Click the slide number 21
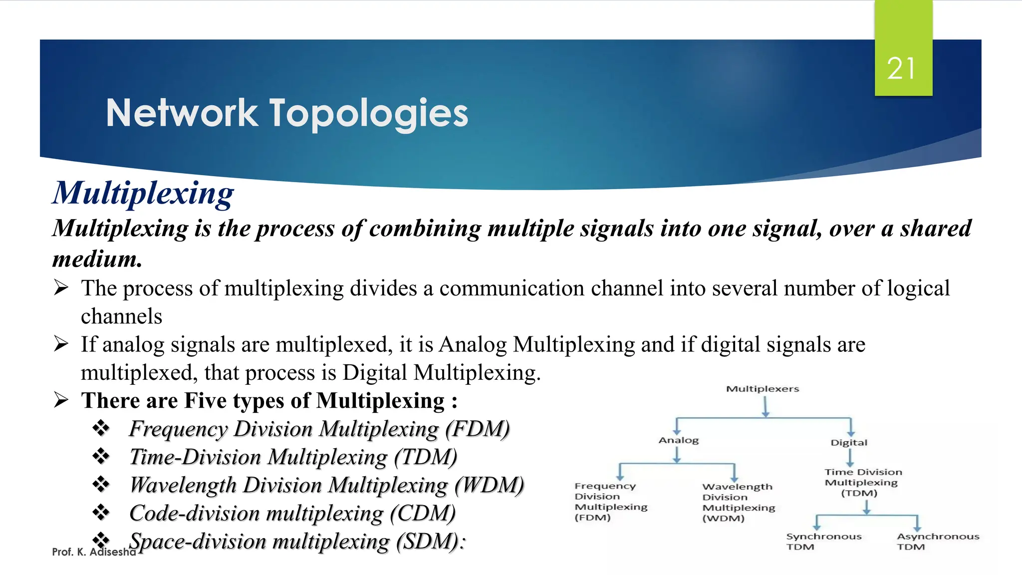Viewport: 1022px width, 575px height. pos(901,68)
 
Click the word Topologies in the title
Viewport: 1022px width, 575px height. pos(369,113)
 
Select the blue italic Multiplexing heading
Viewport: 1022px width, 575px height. pos(143,193)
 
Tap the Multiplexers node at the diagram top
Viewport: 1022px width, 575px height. pos(762,389)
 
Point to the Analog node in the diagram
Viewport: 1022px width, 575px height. pos(678,440)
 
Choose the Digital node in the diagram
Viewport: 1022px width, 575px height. pos(848,442)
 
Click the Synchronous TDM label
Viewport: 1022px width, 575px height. pos(823,542)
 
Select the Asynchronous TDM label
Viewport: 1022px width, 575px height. pos(938,542)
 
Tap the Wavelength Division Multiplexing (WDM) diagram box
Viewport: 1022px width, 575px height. pos(738,502)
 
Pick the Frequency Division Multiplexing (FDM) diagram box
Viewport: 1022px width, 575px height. pos(610,502)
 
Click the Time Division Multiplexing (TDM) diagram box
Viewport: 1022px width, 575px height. pos(863,482)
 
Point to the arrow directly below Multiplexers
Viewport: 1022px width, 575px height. pos(766,406)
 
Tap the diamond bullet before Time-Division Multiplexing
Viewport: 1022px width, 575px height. pos(101,456)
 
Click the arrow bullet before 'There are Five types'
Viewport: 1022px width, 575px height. pos(61,400)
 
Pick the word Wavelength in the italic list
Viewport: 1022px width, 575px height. pos(183,485)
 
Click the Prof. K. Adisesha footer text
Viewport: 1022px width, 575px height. pos(93,552)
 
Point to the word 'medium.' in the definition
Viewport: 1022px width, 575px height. pos(97,259)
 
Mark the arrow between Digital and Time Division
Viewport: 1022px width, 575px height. pos(850,457)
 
